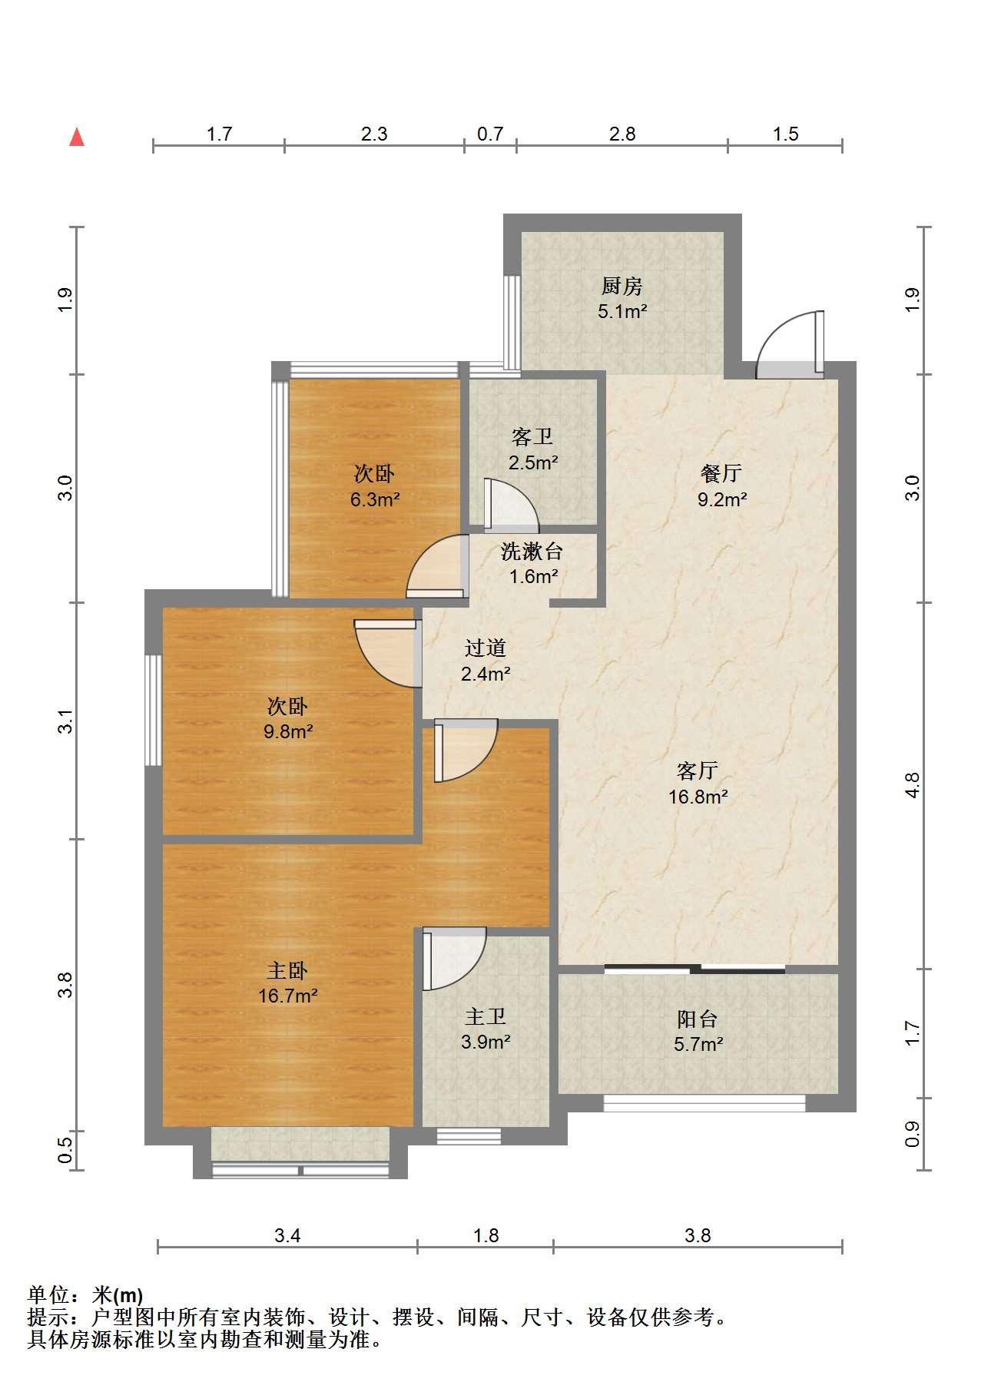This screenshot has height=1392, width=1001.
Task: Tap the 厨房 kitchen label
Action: pyautogui.click(x=621, y=287)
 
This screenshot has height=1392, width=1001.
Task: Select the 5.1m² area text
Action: pyautogui.click(x=622, y=312)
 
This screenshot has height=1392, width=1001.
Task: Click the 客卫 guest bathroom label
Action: pyautogui.click(x=532, y=437)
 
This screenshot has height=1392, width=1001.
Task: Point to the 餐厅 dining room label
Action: pyautogui.click(x=721, y=473)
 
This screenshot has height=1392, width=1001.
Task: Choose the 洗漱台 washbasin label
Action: pyautogui.click(x=532, y=551)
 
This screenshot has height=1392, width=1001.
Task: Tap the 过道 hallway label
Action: pyautogui.click(x=486, y=648)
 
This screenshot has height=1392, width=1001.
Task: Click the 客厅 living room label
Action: pyautogui.click(x=698, y=770)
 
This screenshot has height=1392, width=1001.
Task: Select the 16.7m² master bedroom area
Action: pyautogui.click(x=288, y=996)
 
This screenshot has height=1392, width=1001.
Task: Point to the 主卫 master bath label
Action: pyautogui.click(x=486, y=1016)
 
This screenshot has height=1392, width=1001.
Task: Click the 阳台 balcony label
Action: pyautogui.click(x=698, y=1019)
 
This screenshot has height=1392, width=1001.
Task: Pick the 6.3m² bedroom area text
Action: pyautogui.click(x=375, y=500)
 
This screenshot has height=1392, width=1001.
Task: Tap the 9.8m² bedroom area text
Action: pyautogui.click(x=288, y=732)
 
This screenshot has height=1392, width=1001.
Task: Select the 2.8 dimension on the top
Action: pyautogui.click(x=622, y=134)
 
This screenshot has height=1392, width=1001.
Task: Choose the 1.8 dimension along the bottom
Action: pyautogui.click(x=486, y=1235)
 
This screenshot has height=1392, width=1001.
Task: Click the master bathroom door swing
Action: pyautogui.click(x=454, y=959)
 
